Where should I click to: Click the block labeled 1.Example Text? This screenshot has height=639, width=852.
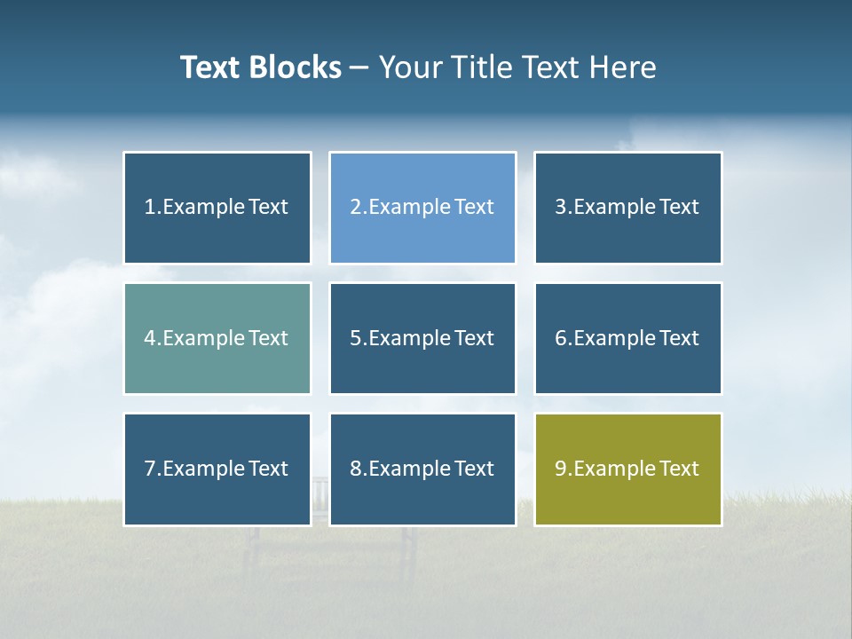tap(217, 208)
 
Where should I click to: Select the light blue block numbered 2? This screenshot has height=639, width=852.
tap(422, 208)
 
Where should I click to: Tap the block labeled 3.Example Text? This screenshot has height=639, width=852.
tap(627, 208)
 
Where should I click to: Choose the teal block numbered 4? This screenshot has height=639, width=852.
tap(217, 338)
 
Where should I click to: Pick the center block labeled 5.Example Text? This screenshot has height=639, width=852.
tap(422, 338)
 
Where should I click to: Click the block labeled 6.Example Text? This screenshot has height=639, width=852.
tap(627, 338)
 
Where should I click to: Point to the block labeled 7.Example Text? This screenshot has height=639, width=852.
tap(217, 469)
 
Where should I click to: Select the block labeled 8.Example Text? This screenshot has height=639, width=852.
tap(422, 469)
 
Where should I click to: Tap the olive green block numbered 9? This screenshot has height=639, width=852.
tap(627, 469)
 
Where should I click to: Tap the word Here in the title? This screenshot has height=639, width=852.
tap(625, 67)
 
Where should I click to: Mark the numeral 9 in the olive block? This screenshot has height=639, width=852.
tap(561, 469)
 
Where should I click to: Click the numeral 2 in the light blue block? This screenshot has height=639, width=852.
tap(356, 208)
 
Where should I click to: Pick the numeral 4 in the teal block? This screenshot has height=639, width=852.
tap(150, 338)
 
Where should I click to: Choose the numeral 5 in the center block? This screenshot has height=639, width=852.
tap(356, 338)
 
